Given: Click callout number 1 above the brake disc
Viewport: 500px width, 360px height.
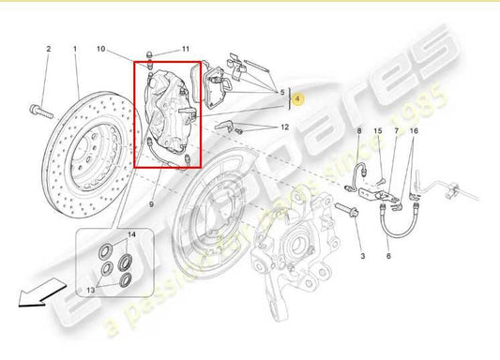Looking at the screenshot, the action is [75, 47].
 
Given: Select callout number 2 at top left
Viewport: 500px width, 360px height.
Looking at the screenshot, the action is [48, 47].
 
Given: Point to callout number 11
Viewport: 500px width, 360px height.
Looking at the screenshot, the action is [186, 48].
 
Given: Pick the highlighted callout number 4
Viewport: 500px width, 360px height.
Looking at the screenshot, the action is [298, 97].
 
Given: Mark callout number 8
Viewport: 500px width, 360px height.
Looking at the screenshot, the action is [358, 133].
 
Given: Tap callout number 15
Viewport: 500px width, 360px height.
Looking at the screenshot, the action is [378, 133].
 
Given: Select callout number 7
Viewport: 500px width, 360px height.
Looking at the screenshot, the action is [396, 133].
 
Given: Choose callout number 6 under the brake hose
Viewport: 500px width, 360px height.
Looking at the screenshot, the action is [387, 254].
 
